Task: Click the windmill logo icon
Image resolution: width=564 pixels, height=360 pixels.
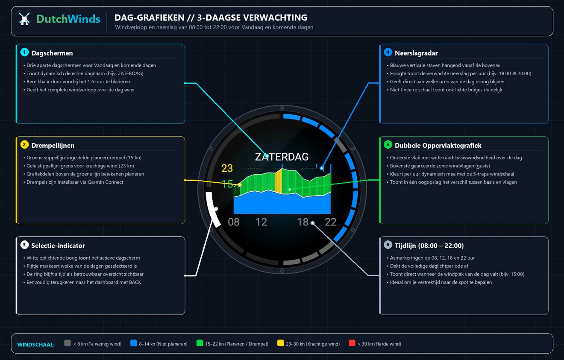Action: [24, 19]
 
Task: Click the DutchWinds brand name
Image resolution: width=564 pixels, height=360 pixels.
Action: [68, 19]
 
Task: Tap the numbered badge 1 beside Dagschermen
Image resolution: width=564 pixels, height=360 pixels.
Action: [24, 53]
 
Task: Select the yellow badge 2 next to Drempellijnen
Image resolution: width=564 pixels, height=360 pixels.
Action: [24, 145]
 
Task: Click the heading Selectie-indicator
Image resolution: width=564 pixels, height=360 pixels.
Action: [58, 246]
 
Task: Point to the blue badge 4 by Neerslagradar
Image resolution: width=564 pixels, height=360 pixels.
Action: [388, 53]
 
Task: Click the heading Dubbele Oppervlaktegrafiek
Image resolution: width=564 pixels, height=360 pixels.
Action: [438, 145]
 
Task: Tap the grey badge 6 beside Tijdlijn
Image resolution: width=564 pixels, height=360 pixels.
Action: [388, 245]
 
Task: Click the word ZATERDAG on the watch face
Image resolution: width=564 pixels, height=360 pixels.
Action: [282, 157]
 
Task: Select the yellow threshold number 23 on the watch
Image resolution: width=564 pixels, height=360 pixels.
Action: [227, 168]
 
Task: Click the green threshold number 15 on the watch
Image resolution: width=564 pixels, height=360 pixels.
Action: [227, 184]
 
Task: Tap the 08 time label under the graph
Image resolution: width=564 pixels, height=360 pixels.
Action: [234, 222]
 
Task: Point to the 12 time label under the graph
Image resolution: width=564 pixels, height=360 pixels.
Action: [261, 222]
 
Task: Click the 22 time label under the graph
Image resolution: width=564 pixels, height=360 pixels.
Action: [331, 222]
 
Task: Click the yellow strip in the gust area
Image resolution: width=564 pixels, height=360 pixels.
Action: [278, 181]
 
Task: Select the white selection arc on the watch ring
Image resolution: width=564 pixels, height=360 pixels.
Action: [212, 209]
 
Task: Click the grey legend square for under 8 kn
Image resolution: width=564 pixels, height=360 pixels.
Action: [68, 343]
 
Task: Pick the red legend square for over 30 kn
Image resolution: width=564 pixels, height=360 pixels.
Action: [352, 343]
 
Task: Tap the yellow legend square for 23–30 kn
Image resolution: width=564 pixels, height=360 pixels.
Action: [280, 343]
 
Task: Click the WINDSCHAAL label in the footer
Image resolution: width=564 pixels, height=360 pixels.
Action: [36, 344]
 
